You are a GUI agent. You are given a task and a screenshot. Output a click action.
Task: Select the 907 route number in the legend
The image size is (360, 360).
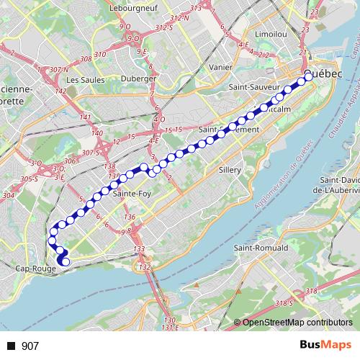tap(30, 346)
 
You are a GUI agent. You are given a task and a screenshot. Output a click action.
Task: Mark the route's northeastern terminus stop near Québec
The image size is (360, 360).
tap(308, 75)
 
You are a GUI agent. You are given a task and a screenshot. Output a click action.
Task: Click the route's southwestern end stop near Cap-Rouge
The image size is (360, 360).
tap(65, 261)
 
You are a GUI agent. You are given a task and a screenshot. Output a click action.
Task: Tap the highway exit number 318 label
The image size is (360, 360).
tap(310, 290)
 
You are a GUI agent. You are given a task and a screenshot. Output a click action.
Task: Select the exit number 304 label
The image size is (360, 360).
tap(9, 195)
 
